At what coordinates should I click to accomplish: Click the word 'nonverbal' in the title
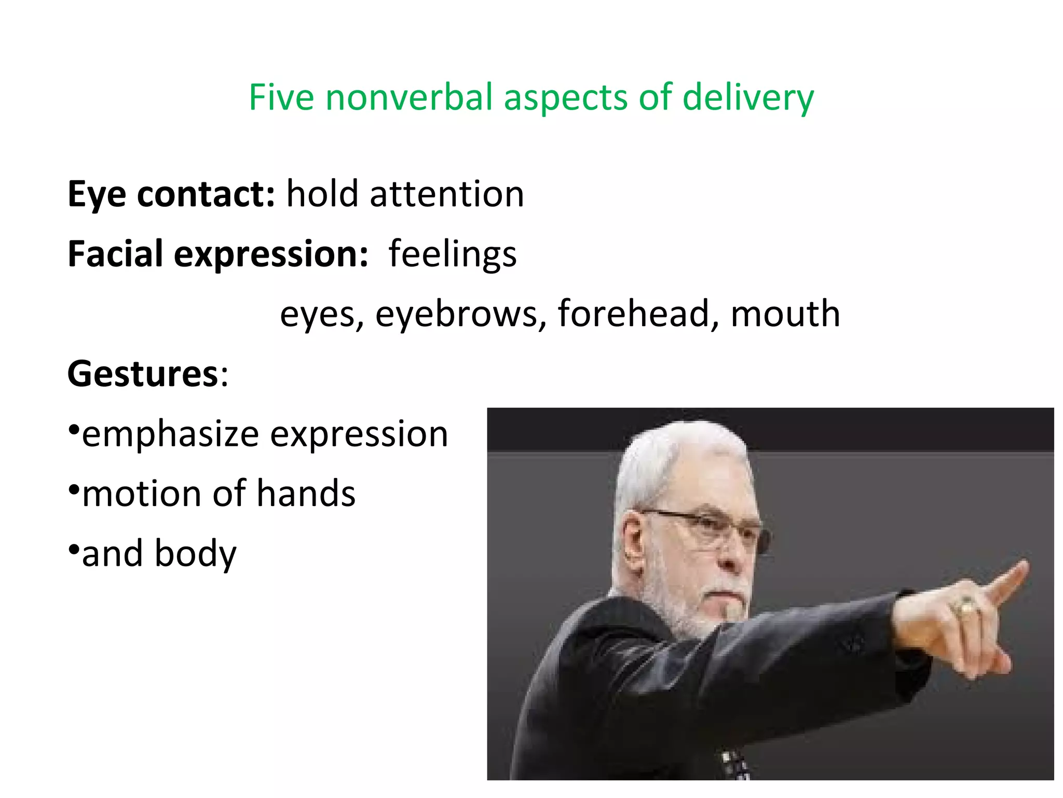[x=409, y=97]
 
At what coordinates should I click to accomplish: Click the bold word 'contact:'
[x=206, y=194]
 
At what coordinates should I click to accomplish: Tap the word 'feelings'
[x=453, y=255]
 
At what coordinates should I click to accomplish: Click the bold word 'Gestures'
[x=143, y=374]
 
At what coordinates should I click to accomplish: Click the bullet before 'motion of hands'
[x=74, y=489]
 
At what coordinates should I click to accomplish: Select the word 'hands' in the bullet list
[x=306, y=494]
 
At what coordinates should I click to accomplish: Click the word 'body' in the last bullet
[x=196, y=554]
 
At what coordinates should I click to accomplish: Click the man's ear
[x=634, y=546]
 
